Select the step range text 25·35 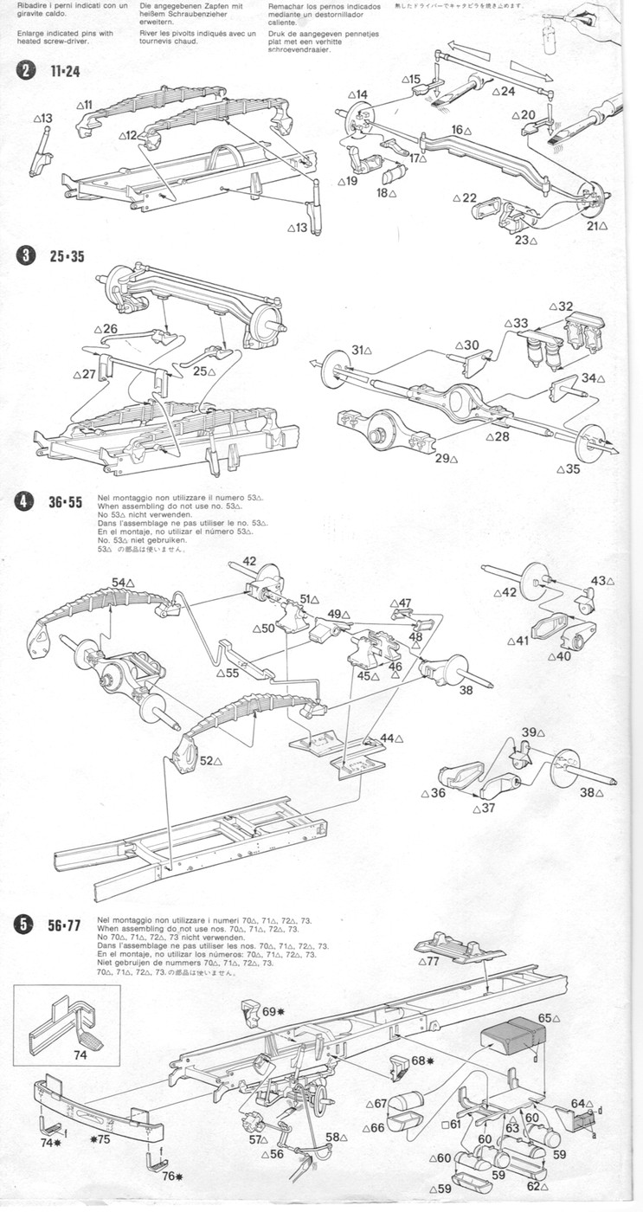pos(65,256)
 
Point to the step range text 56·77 pos(64,925)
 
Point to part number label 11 pos(87,105)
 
